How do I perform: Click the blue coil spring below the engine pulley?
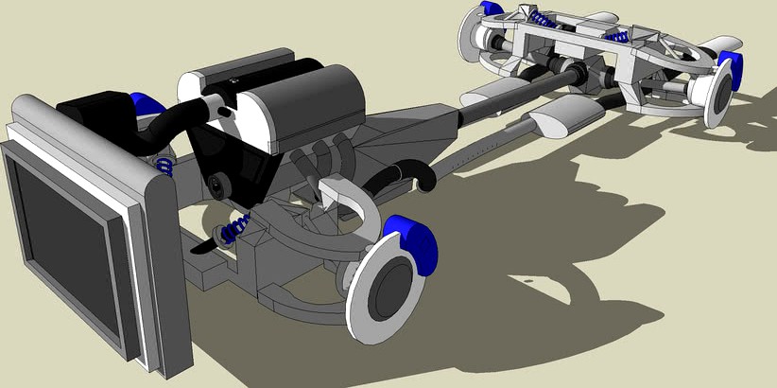(x=236, y=228)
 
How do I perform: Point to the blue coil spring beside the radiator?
(x=164, y=167)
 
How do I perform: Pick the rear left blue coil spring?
(x=541, y=18)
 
